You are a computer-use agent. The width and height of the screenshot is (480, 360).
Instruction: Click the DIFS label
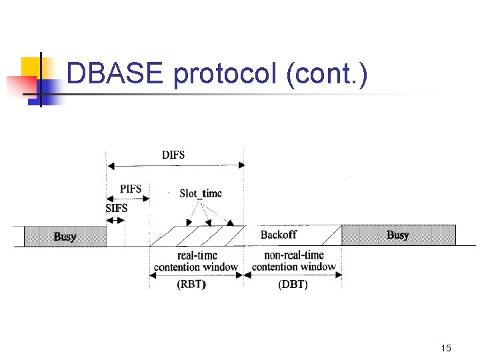point(173,155)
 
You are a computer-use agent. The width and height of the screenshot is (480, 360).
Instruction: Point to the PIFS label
point(130,189)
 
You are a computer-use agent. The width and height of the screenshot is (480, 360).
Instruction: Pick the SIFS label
point(117,208)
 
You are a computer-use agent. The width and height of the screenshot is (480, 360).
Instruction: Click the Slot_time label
point(201,193)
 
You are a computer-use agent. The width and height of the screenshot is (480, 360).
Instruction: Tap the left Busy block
point(65,237)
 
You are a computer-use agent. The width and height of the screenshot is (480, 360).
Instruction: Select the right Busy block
point(398,235)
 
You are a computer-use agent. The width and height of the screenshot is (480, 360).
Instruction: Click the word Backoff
point(279,235)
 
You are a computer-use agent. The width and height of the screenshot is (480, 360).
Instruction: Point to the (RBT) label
point(191,285)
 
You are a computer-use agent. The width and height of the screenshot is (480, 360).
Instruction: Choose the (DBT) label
point(293,285)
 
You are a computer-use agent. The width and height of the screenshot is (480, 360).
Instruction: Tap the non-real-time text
point(294,255)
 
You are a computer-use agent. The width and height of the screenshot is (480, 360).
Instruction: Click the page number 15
point(446,348)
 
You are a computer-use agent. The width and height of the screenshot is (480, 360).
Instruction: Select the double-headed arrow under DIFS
point(175,165)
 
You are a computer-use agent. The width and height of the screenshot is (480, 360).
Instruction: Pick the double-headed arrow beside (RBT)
point(160,285)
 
